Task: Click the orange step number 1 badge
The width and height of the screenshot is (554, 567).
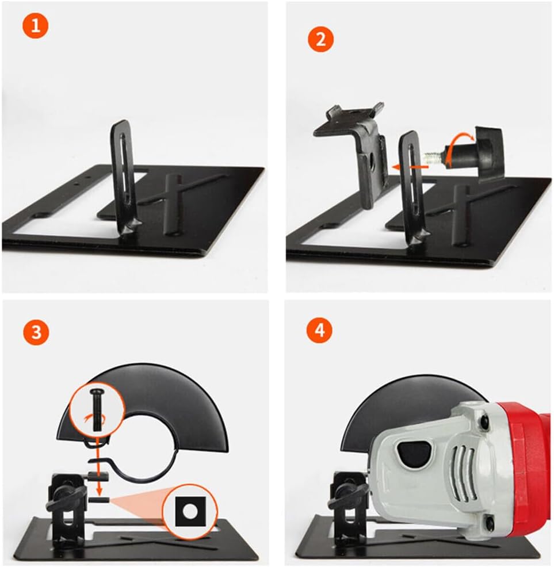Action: [x=35, y=26]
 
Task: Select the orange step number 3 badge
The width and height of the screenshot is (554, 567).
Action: [x=36, y=332]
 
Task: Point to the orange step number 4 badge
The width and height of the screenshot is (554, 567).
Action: [x=320, y=331]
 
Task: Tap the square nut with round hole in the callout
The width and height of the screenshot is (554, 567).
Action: [x=190, y=511]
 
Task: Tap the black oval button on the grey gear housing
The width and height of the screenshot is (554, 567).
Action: [x=413, y=452]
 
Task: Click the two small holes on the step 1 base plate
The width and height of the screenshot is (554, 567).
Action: [x=82, y=181]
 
